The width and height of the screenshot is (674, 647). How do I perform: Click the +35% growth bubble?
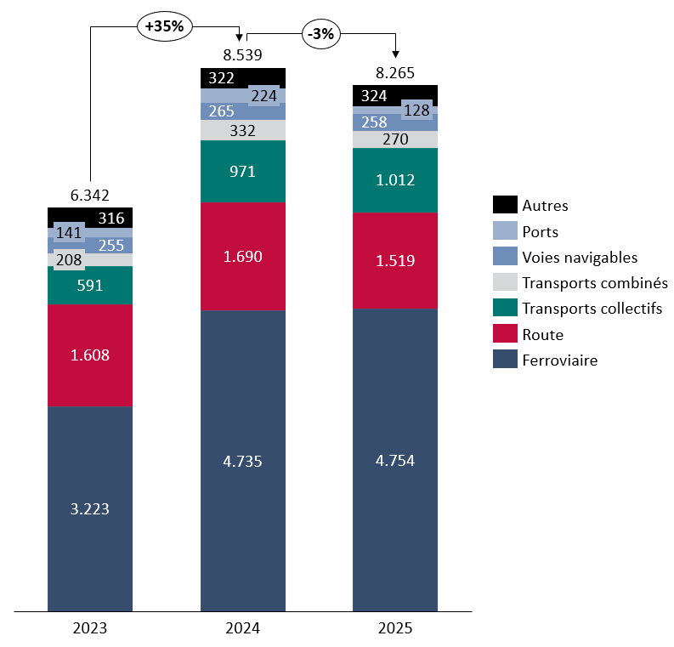pyautogui.click(x=164, y=26)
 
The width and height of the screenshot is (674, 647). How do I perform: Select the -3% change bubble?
pyautogui.click(x=322, y=35)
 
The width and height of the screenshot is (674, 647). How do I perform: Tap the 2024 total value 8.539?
pyautogui.click(x=242, y=55)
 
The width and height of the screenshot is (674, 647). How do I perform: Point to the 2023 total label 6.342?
pyautogui.click(x=90, y=195)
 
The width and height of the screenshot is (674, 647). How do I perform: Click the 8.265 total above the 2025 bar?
pyautogui.click(x=395, y=73)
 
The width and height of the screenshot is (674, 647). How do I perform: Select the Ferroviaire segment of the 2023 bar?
pyautogui.click(x=90, y=508)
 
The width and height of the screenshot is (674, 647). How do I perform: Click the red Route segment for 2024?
pyautogui.click(x=242, y=256)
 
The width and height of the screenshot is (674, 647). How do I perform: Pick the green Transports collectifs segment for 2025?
pyautogui.click(x=395, y=179)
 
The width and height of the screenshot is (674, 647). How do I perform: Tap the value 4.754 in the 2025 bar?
pyautogui.click(x=395, y=461)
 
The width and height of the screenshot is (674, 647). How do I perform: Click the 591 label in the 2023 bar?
pyautogui.click(x=90, y=286)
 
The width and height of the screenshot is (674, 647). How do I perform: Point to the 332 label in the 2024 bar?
pyautogui.click(x=242, y=130)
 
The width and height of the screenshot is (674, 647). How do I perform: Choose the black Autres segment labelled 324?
pyautogui.click(x=375, y=95)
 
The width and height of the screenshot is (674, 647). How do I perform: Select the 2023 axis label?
pyautogui.click(x=90, y=629)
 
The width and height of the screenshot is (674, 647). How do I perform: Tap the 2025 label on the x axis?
pyautogui.click(x=395, y=629)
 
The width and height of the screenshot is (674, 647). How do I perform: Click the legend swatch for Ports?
pyautogui.click(x=505, y=231)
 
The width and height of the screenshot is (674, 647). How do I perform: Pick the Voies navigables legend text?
pyautogui.click(x=580, y=257)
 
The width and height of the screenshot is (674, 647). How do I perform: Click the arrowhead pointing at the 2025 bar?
pyautogui.click(x=395, y=55)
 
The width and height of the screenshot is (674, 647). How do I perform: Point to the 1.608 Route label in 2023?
pyautogui.click(x=90, y=355)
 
